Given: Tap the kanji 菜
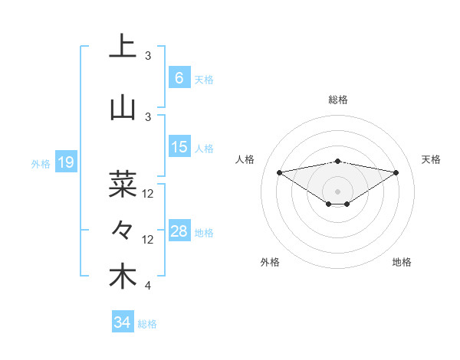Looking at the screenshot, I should coord(123,184).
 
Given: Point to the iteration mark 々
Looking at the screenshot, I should coord(123,229).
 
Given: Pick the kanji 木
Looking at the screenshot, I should coord(123,277).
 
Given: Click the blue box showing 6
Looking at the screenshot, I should coord(179,77).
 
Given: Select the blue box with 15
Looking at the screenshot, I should coord(179,147).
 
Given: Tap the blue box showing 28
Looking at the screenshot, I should coord(179,231).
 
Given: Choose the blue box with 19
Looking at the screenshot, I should coord(65,162).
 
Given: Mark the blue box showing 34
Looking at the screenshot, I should coord(122,322).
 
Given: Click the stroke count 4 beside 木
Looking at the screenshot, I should coord(148,286).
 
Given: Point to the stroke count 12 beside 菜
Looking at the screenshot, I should coord(148,194).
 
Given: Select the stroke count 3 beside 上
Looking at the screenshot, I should coord(148,56).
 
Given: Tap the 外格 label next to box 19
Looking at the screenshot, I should coord(41,163).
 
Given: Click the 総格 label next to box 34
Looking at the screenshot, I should coord(147,324).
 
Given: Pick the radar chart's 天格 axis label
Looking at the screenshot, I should coord(431,159).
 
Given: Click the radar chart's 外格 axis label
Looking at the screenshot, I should coord(270,262).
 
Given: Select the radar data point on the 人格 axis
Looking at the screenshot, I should coord(279,172).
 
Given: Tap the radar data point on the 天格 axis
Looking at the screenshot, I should coord(396,172).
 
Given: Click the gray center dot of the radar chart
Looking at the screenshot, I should coord(337,191).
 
